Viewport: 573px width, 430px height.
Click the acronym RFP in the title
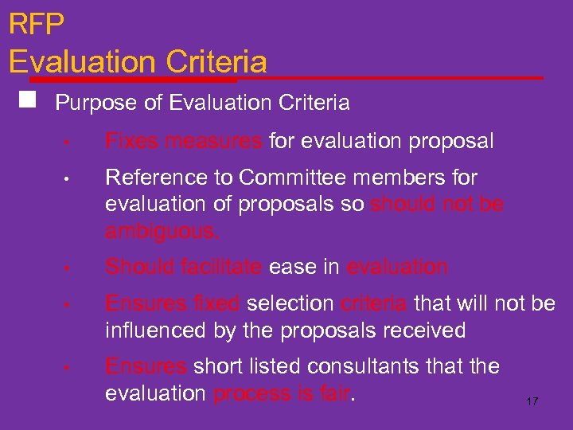pyautogui.click(x=37, y=24)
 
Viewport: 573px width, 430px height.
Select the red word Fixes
pyautogui.click(x=131, y=142)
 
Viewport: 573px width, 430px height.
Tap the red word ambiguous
pyautogui.click(x=162, y=232)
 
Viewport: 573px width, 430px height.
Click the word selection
pyautogui.click(x=290, y=303)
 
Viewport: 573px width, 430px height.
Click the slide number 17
pyautogui.click(x=532, y=401)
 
